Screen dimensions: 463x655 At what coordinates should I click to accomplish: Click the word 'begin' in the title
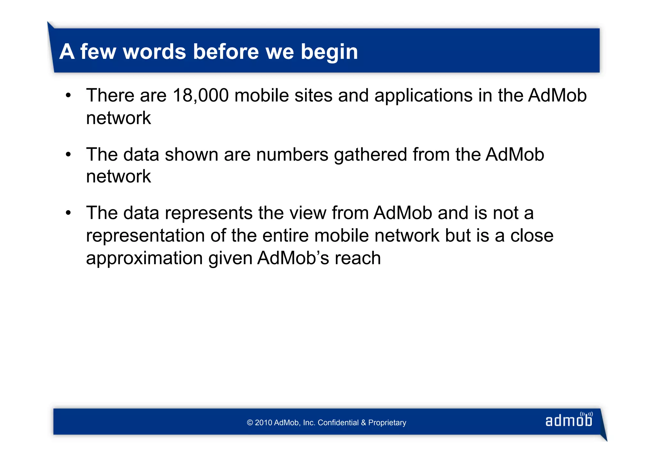pyautogui.click(x=329, y=52)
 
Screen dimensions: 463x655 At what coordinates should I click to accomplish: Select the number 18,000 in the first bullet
pyautogui.click(x=201, y=95)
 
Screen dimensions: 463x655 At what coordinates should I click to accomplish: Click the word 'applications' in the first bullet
pyautogui.click(x=423, y=96)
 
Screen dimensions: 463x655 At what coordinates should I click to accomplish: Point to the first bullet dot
pyautogui.click(x=68, y=95)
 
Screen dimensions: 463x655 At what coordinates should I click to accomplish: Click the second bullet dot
pyautogui.click(x=68, y=155)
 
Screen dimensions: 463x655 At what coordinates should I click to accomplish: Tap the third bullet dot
pyautogui.click(x=68, y=213)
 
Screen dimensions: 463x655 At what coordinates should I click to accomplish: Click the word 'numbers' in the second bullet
pyautogui.click(x=292, y=155)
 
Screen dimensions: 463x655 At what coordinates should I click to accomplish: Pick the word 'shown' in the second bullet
pyautogui.click(x=191, y=155)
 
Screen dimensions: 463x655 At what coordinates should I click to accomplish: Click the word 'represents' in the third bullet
pyautogui.click(x=209, y=213)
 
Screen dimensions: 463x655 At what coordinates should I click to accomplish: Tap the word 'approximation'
pyautogui.click(x=144, y=259)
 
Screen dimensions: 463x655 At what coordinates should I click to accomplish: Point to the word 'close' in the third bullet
pyautogui.click(x=532, y=236)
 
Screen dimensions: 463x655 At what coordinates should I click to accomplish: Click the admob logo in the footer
pyautogui.click(x=569, y=420)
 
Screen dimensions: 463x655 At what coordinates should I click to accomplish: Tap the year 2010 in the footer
pyautogui.click(x=264, y=423)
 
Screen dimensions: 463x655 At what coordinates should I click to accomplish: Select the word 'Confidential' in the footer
pyautogui.click(x=338, y=423)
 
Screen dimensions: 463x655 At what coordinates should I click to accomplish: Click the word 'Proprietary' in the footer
pyautogui.click(x=387, y=423)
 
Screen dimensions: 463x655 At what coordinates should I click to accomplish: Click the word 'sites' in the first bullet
pyautogui.click(x=313, y=95)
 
